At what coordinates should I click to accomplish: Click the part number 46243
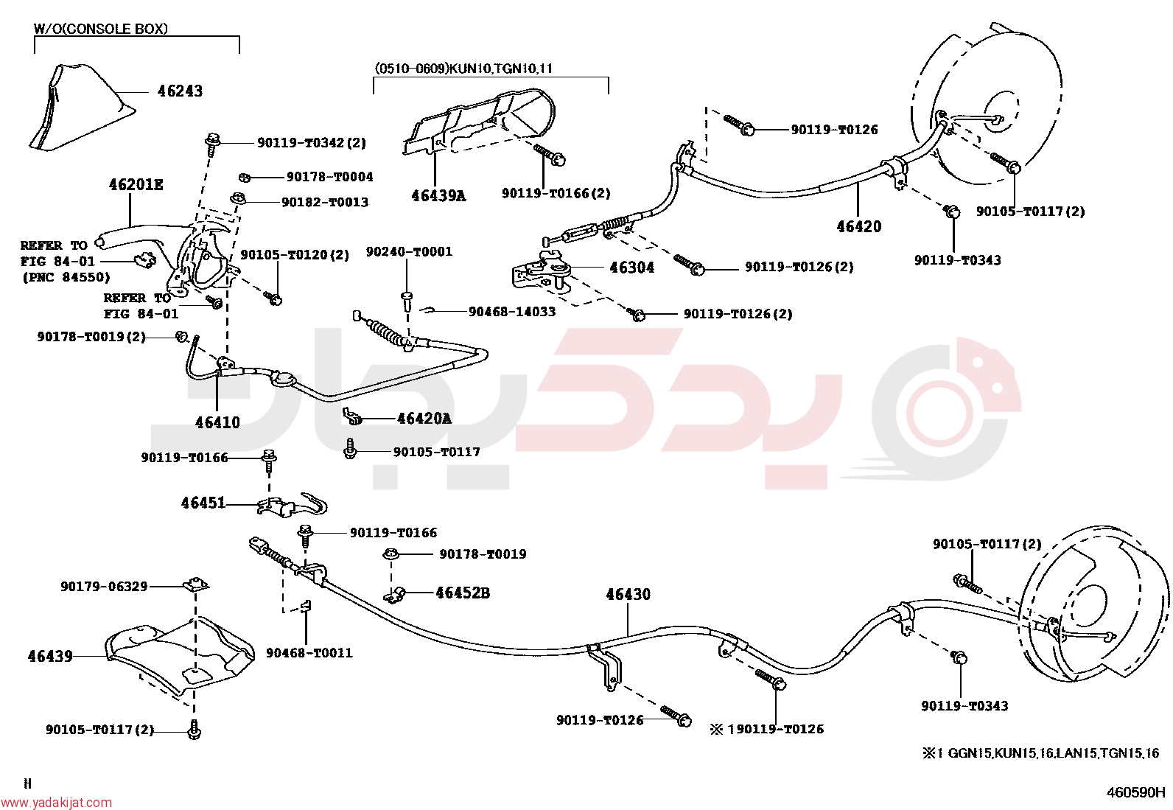[180, 91]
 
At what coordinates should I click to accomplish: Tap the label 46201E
[136, 184]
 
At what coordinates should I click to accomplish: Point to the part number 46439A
[438, 195]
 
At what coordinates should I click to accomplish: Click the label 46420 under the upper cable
[859, 226]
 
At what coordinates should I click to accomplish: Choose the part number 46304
[632, 268]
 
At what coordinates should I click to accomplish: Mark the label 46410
[217, 422]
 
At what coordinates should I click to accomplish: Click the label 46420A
[424, 418]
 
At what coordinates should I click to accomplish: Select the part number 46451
[203, 503]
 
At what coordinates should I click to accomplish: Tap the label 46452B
[463, 593]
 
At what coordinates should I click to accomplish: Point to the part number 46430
[628, 594]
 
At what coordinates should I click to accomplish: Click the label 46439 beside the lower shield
[50, 656]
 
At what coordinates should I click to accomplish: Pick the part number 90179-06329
[104, 586]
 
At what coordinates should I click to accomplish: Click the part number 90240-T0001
[409, 251]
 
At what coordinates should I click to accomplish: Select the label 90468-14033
[511, 312]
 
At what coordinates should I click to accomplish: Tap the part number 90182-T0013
[325, 202]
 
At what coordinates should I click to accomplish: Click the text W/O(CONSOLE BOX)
[100, 28]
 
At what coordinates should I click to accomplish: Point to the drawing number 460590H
[1135, 793]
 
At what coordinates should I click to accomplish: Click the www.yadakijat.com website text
[56, 803]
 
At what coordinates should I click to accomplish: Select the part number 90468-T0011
[309, 653]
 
